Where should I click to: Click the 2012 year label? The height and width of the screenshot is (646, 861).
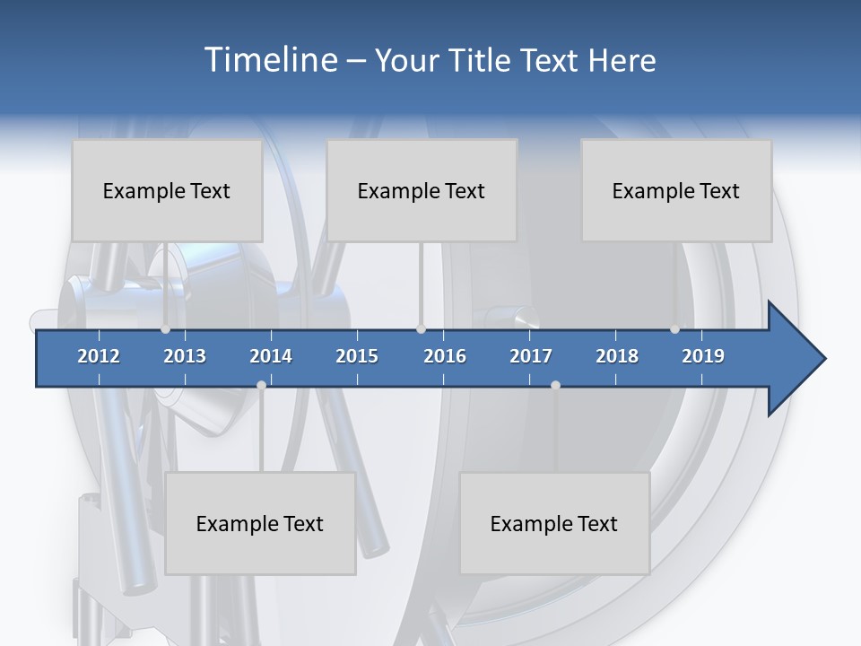99,356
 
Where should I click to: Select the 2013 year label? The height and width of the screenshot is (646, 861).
185,356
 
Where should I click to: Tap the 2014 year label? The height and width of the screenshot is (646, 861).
271,356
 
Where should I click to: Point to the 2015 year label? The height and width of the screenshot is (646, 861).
357,356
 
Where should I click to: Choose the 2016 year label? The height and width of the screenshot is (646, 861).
445,356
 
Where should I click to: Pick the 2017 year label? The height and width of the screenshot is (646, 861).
531,356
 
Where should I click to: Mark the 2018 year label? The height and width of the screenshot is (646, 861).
617,356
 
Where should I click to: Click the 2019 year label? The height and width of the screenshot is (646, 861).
703,356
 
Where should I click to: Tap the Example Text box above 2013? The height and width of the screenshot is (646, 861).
167,190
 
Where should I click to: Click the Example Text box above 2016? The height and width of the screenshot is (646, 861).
422,190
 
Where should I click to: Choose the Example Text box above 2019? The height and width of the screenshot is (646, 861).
676,190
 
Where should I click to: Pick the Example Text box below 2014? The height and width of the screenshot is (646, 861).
260,523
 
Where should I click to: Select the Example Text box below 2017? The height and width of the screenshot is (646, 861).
554,523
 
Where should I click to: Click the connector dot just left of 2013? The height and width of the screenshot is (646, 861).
165,329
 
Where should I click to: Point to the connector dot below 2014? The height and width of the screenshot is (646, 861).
261,385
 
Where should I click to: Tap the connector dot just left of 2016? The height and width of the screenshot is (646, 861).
421,329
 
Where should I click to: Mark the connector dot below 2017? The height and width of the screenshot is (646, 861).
555,385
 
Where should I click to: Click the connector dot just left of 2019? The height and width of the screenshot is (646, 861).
674,329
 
